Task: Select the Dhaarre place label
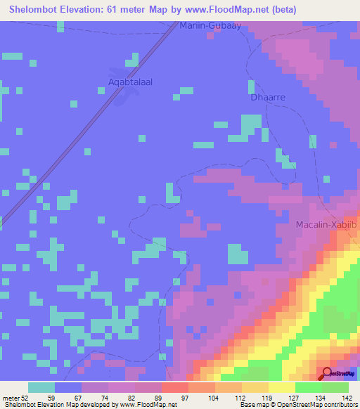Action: (268, 98)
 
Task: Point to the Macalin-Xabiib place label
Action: (327, 224)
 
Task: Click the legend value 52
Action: (27, 398)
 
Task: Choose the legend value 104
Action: (214, 398)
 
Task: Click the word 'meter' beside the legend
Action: (11, 398)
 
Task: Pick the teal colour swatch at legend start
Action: (41, 387)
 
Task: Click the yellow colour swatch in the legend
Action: (282, 387)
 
